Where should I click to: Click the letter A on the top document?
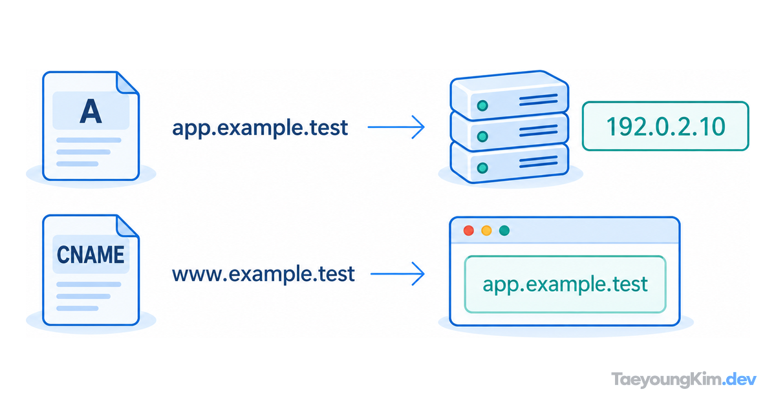pyautogui.click(x=91, y=111)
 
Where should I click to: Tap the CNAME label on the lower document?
pyautogui.click(x=91, y=255)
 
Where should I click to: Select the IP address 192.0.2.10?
pyautogui.click(x=666, y=127)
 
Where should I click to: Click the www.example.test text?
pyautogui.click(x=263, y=274)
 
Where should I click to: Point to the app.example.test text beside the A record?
pyautogui.click(x=260, y=128)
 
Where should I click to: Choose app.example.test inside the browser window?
pyautogui.click(x=565, y=284)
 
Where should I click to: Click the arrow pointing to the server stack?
pyautogui.click(x=396, y=127)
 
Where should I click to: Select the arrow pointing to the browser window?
pyautogui.click(x=397, y=274)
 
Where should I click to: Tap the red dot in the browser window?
pyautogui.click(x=469, y=231)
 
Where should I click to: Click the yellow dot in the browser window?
pyautogui.click(x=486, y=231)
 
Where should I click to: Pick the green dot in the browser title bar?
pyautogui.click(x=504, y=231)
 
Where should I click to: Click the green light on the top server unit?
pyautogui.click(x=482, y=105)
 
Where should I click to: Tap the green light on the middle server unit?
pyautogui.click(x=482, y=137)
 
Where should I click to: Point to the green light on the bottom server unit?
pyautogui.click(x=482, y=168)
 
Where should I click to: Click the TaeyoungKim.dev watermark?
pyautogui.click(x=684, y=380)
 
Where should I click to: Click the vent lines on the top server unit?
pyautogui.click(x=538, y=99)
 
